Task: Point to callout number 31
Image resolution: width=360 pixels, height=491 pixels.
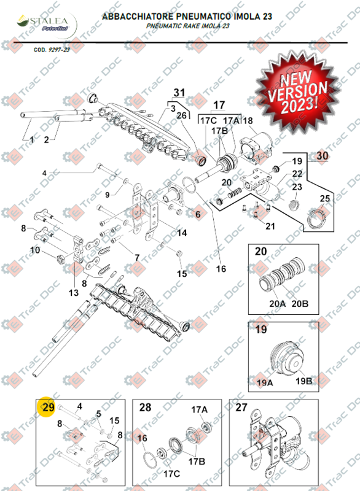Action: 179,93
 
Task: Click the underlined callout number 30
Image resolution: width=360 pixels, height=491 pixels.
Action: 322,156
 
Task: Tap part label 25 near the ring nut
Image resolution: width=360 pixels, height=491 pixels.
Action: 324,198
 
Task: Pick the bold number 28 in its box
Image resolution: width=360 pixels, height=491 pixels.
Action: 145,408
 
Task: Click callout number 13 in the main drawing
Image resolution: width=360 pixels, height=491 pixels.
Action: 74,293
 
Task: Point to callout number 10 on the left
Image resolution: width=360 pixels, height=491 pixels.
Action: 35,250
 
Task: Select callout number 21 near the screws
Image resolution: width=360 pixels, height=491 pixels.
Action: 271,227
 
